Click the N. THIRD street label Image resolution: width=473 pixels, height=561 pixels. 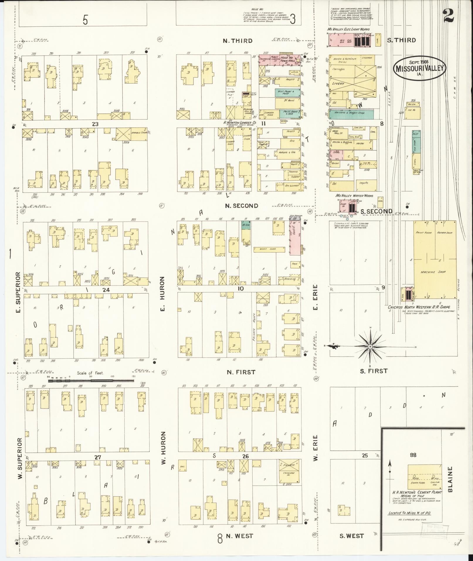coord(238,41)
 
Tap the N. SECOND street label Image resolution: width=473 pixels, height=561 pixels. coord(242,206)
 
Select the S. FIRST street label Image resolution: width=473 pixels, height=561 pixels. coord(374,371)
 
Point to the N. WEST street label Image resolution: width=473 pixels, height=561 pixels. coord(239,536)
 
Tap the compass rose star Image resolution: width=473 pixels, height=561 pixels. coord(370,347)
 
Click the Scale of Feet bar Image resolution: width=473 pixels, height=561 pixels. coord(91,381)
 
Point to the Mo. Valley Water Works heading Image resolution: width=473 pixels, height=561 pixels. coord(354,196)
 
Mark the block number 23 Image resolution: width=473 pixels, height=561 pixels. coord(95,124)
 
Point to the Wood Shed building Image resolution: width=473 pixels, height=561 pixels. coord(269,249)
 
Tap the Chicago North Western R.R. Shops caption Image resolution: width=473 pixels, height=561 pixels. coord(419,307)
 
